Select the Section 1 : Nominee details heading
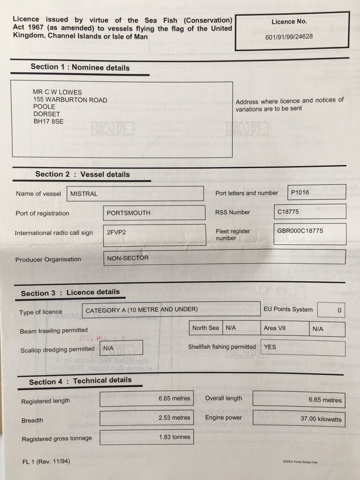[80, 67]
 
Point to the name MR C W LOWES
[58, 92]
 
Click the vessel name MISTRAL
[84, 194]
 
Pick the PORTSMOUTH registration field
[128, 213]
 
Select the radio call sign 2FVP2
[117, 232]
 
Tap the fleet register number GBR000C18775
[300, 231]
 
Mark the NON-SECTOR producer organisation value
[127, 258]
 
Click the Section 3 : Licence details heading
[70, 293]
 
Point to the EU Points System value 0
[339, 310]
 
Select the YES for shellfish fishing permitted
[270, 347]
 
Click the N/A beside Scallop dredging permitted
[108, 349]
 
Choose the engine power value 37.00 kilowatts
[321, 419]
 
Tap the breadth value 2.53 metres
[174, 418]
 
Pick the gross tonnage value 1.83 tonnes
[174, 437]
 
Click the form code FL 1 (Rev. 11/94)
[46, 462]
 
